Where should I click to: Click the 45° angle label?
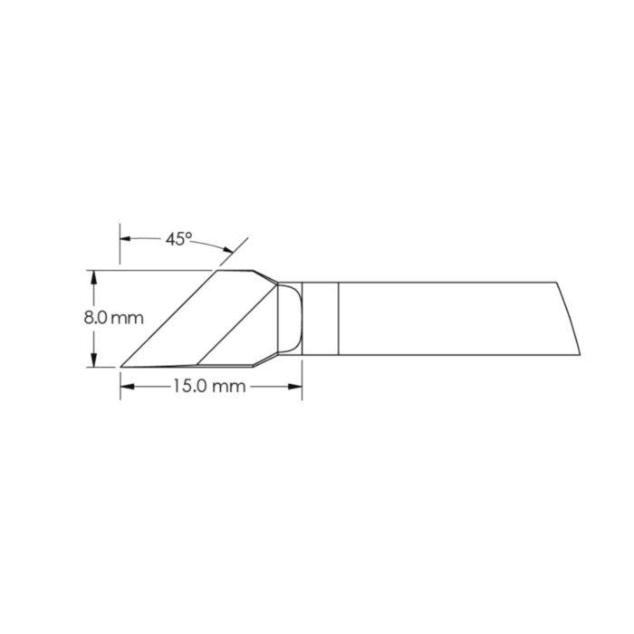coord(178,239)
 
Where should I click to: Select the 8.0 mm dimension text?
coord(113,318)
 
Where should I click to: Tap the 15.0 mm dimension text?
coord(210,386)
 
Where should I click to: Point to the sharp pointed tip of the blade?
coord(121,366)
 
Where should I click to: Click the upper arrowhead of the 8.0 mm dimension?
coord(93,275)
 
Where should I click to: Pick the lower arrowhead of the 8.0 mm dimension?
coord(93,360)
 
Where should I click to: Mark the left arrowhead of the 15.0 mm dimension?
coord(126,386)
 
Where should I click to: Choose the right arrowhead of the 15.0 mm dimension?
coord(295,386)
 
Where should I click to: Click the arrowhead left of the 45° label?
coord(126,239)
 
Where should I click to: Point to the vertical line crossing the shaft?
coord(338,317)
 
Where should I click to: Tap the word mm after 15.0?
coord(232,386)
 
